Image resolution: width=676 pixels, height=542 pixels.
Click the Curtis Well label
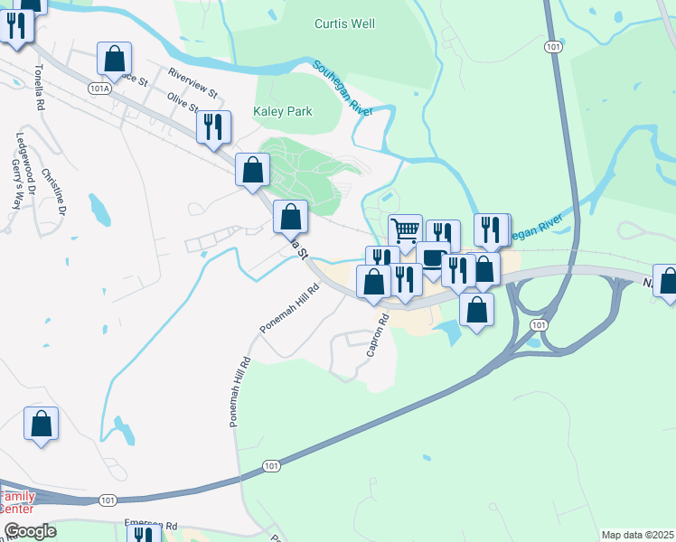[344, 24]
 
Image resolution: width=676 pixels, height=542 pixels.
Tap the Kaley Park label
[283, 112]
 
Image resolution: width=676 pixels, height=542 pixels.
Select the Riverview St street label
[192, 82]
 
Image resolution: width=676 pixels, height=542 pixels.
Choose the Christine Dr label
[52, 191]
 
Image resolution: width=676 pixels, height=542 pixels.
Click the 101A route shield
[100, 88]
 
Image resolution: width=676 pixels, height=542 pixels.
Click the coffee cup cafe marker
[433, 257]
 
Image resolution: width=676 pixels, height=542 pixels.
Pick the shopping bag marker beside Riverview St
[114, 60]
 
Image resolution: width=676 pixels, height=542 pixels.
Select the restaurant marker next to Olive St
[213, 127]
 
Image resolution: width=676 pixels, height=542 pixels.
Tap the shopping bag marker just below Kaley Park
[253, 170]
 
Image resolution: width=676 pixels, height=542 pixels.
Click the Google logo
[30, 531]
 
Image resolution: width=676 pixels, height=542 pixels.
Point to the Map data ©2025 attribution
[637, 535]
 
